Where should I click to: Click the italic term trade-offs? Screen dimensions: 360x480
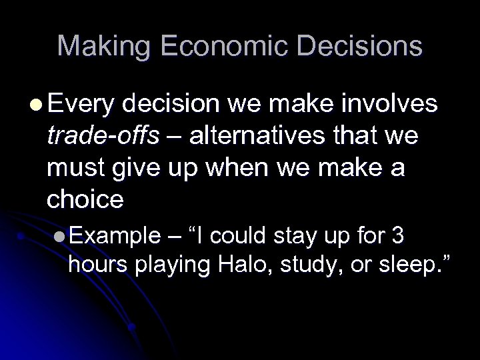click(x=103, y=137)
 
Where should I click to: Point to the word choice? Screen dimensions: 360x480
click(x=86, y=200)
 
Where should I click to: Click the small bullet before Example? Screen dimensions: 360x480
click(x=61, y=237)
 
